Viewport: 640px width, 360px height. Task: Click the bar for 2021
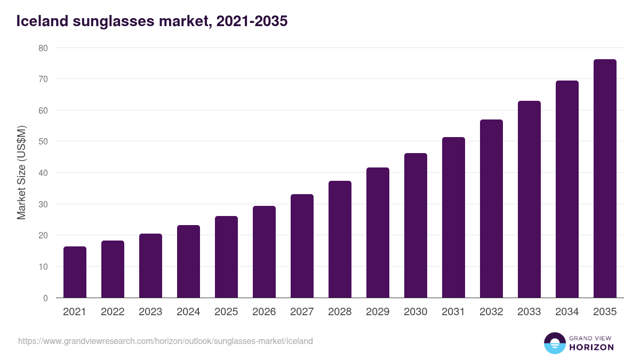click(75, 272)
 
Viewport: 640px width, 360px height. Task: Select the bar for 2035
click(605, 179)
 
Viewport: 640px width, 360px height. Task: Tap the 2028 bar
click(340, 239)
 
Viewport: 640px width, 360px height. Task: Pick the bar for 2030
click(415, 226)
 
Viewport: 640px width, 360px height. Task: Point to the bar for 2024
click(188, 261)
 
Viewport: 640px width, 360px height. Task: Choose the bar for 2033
click(529, 199)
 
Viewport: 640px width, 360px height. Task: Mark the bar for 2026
click(264, 252)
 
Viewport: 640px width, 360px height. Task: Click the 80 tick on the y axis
click(43, 48)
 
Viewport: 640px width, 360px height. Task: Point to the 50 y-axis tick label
click(43, 142)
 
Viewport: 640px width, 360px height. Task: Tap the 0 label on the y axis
click(45, 298)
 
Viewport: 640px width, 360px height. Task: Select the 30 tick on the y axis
click(43, 204)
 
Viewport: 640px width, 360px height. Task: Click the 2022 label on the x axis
click(113, 312)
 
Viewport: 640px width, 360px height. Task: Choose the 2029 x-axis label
click(378, 312)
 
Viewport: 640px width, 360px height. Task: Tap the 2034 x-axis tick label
click(567, 312)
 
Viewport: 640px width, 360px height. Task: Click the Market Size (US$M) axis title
click(21, 172)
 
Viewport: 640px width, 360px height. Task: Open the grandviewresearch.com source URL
click(165, 341)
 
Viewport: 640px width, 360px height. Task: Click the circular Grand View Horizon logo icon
click(554, 343)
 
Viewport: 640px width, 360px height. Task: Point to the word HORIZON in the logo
click(591, 347)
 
